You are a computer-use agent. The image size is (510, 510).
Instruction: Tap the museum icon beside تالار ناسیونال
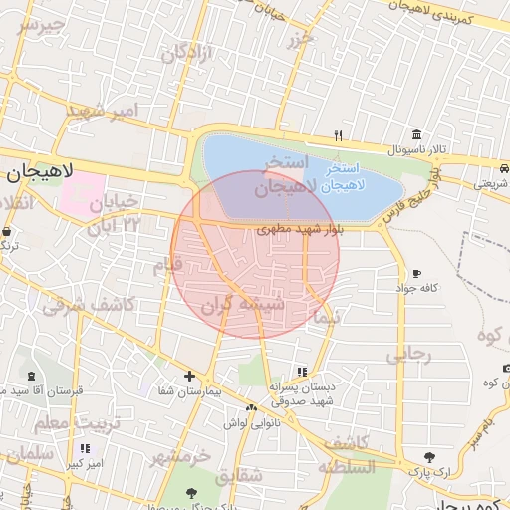[x=415, y=134]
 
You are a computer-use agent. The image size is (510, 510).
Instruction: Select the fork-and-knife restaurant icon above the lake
[x=339, y=135]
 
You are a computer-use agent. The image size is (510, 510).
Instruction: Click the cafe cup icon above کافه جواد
[x=416, y=273]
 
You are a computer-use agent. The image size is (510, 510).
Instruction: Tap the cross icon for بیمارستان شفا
[x=189, y=376]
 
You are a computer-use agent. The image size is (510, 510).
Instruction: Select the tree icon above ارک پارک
[x=429, y=456]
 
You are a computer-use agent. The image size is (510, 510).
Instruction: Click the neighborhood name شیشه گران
[x=244, y=304]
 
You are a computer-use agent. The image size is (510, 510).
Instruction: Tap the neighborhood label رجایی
[x=409, y=353]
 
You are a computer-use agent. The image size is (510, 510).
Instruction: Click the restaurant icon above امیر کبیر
[x=85, y=449]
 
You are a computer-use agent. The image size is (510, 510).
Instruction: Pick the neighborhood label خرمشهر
[x=181, y=455]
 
